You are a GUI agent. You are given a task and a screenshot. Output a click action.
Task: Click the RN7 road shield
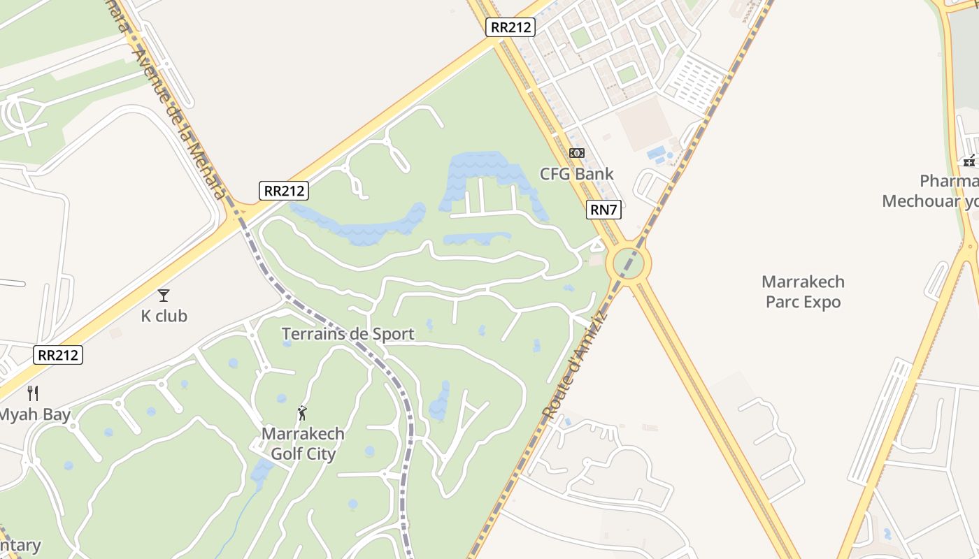pos(603,210)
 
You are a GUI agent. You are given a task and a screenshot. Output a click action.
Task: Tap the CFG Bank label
pos(576,174)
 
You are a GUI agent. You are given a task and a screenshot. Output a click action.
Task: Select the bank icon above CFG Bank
pos(576,153)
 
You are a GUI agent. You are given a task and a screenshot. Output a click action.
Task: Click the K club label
pos(164,316)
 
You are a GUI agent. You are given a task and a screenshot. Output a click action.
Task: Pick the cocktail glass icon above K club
pos(164,296)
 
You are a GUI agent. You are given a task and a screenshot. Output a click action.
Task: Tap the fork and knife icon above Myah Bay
pos(32,393)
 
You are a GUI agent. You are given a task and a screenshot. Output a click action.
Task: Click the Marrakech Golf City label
pos(303,444)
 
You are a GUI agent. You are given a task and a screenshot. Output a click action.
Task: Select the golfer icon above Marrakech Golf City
pos(302,413)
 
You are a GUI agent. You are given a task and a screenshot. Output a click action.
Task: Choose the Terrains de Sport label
pos(348,334)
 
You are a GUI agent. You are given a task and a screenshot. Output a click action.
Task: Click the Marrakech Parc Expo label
pos(803,292)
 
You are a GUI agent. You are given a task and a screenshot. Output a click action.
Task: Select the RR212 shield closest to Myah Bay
pos(58,355)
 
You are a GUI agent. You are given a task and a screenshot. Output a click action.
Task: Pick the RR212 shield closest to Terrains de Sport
pos(283,191)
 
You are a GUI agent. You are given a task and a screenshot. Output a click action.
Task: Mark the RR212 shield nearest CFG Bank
pos(510,27)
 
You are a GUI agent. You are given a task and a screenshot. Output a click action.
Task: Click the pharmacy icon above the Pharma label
pos(969,161)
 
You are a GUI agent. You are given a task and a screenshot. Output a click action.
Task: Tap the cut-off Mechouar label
pos(930,201)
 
